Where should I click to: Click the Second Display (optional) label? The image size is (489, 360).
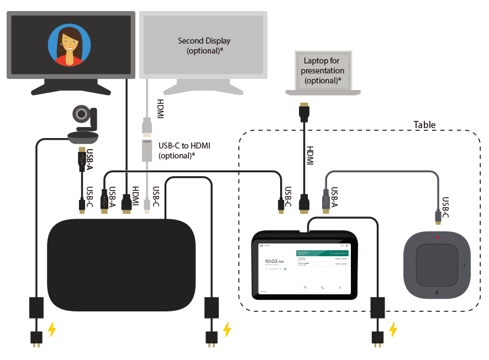pyautogui.click(x=204, y=46)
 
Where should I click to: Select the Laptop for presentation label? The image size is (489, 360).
pyautogui.click(x=323, y=71)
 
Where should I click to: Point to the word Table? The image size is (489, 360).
pyautogui.click(x=424, y=125)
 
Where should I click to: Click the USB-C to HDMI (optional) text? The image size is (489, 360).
pyautogui.click(x=184, y=150)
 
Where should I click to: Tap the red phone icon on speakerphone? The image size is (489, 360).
pyautogui.click(x=437, y=238)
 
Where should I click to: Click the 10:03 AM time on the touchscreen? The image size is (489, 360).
pyautogui.click(x=275, y=261)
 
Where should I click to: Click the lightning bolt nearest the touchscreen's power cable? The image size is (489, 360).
pyautogui.click(x=392, y=330)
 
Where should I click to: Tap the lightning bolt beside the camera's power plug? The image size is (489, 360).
pyautogui.click(x=51, y=330)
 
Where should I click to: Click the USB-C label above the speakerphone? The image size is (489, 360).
pyautogui.click(x=446, y=205)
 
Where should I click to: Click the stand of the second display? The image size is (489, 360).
pyautogui.click(x=204, y=87)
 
